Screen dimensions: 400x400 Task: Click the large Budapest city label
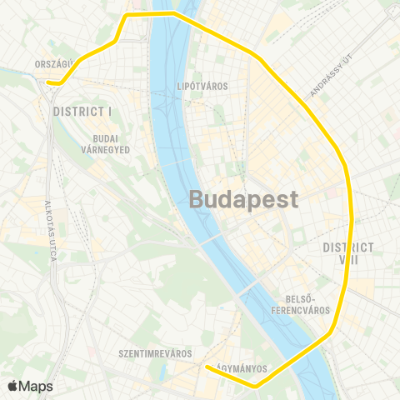coord(244,200)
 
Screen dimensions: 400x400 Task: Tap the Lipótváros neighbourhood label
coord(203,86)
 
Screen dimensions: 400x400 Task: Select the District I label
coord(82,111)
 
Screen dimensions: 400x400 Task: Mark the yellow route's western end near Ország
coord(49,82)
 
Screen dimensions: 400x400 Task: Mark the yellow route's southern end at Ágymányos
coord(207,367)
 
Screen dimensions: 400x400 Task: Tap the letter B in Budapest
coord(197,200)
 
